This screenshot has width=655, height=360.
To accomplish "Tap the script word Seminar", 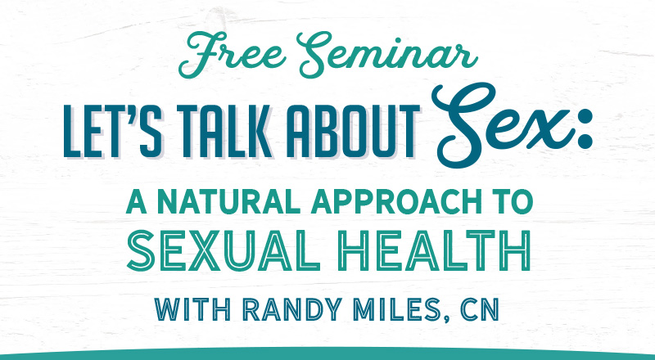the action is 387,54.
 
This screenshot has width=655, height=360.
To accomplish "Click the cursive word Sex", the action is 501,125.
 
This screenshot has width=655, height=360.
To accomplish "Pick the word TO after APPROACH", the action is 513,201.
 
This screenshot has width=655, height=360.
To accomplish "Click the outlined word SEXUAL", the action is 224,250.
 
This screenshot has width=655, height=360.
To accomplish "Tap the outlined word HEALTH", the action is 435,250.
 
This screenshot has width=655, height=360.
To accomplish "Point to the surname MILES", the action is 395,309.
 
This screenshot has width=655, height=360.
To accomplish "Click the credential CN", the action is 480,309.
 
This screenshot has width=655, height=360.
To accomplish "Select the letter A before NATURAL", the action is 137,201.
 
